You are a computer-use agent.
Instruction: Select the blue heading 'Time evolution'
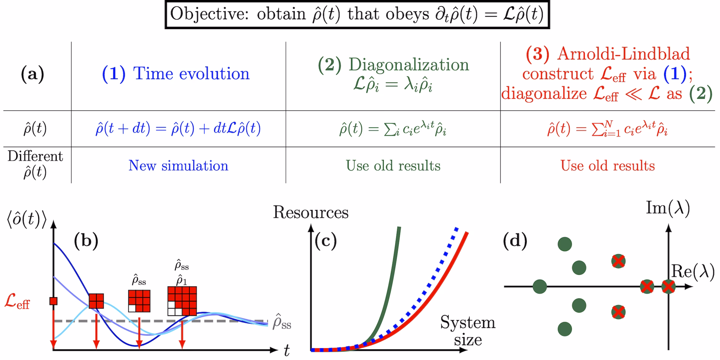tap(191, 73)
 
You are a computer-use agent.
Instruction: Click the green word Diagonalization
tap(409, 64)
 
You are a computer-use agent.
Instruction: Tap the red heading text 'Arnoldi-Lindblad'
tap(623, 54)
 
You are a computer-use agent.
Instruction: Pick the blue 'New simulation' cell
tap(178, 166)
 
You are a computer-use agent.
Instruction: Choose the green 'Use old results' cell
tap(393, 166)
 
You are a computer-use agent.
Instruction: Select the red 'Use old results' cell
tap(607, 166)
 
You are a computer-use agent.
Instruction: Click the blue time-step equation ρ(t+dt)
tap(178, 129)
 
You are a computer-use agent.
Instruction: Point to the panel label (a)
tap(33, 74)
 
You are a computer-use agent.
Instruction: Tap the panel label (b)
tap(86, 240)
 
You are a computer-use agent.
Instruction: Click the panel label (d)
tap(515, 240)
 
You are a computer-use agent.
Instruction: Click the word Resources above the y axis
tap(310, 213)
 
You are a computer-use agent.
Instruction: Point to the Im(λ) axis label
tap(667, 208)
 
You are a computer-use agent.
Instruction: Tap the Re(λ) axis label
tap(693, 271)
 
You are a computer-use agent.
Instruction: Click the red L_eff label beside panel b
tap(17, 301)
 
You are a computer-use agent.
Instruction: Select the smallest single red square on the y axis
tap(53, 301)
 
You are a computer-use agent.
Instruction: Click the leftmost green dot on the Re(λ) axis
tap(540, 287)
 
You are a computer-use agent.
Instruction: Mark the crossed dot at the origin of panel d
tap(668, 287)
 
